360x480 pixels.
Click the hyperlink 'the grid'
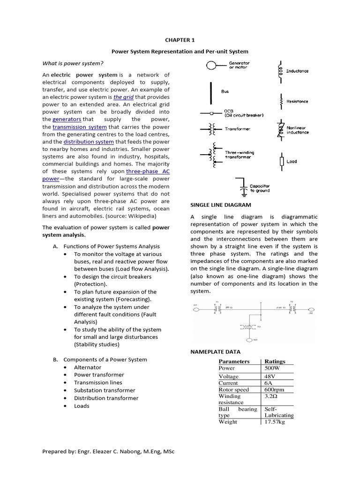123,97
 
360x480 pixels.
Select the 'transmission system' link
80,127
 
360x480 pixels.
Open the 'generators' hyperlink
67,120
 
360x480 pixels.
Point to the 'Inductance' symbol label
297,71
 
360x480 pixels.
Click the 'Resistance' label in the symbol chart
297,102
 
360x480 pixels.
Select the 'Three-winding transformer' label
238,154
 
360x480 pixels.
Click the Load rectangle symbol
281,161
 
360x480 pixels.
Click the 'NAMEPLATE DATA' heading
215,352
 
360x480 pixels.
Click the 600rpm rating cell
274,390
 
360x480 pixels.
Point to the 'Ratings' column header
275,361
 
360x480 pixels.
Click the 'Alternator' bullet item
87,367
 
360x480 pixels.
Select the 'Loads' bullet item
82,406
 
